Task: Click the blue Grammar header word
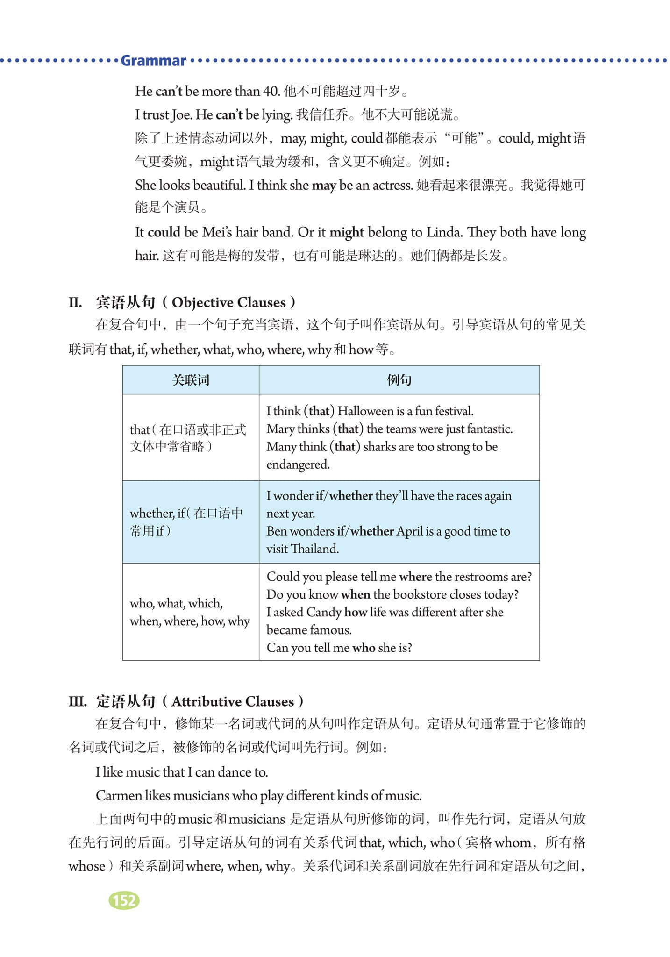click(x=153, y=61)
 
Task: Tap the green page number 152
click(x=124, y=900)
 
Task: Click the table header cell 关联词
click(x=191, y=380)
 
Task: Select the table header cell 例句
click(x=399, y=380)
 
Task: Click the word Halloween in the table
click(x=366, y=411)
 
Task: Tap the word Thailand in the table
click(x=314, y=549)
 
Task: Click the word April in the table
click(x=410, y=531)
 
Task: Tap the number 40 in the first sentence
click(x=271, y=91)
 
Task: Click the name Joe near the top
click(x=182, y=114)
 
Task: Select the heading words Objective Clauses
click(x=228, y=302)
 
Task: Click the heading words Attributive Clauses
click(x=233, y=701)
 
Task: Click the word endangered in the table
click(x=298, y=464)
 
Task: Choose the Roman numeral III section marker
click(x=77, y=701)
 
